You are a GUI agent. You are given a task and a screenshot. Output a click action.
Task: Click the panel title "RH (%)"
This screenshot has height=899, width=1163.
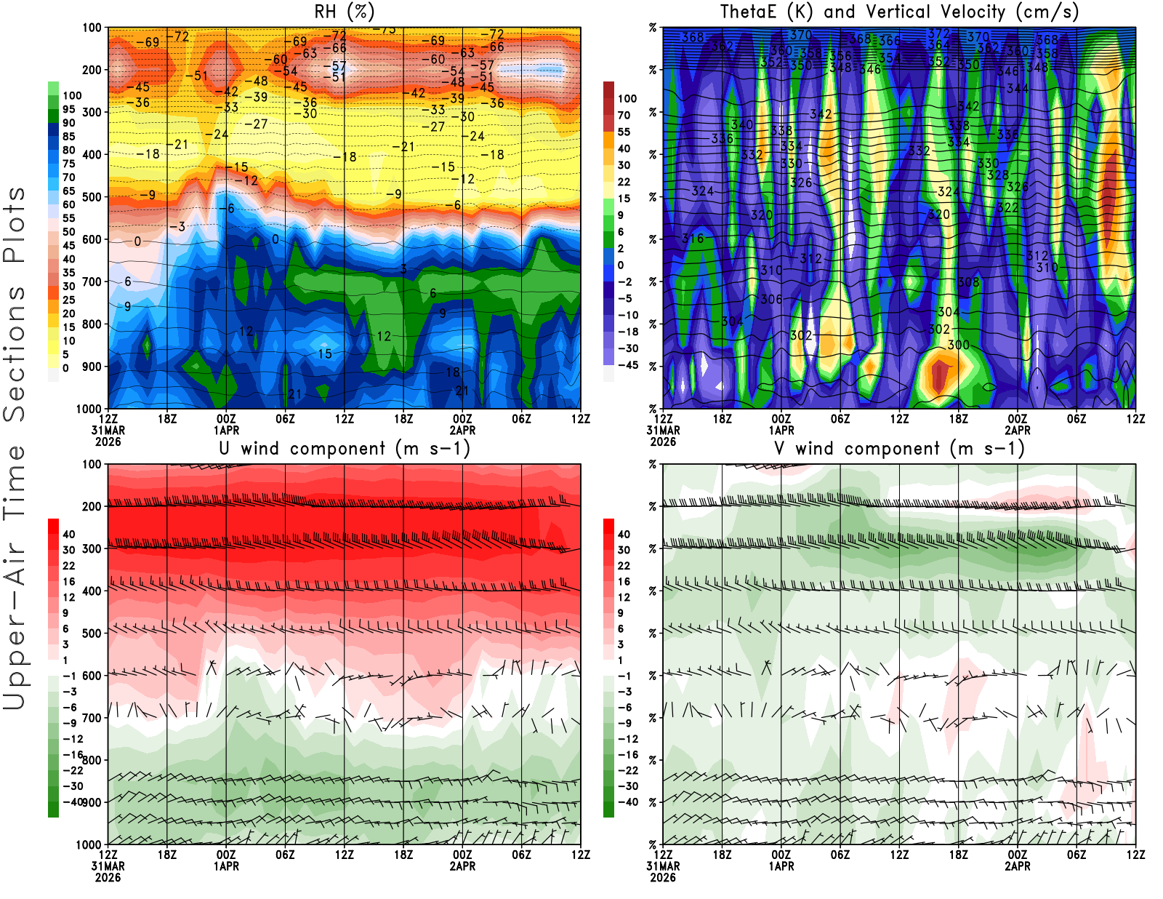tap(344, 12)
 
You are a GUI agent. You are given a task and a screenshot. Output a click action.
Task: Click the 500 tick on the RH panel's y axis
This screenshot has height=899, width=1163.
tap(92, 196)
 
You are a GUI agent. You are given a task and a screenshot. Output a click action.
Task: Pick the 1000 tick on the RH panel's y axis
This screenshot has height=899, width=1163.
tap(89, 409)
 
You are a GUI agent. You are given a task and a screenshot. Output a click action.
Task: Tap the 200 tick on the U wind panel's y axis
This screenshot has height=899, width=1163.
tap(92, 506)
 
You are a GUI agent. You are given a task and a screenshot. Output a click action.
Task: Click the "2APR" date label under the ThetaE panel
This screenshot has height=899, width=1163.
tap(1018, 430)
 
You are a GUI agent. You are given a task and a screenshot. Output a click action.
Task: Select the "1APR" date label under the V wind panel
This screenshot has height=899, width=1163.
tap(781, 866)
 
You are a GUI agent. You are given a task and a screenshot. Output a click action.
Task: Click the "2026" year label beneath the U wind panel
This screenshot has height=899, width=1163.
tap(108, 877)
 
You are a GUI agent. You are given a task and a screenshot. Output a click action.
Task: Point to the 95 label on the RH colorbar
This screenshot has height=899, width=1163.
tap(68, 109)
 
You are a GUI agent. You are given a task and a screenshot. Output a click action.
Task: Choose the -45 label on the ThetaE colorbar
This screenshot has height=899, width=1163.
tap(627, 365)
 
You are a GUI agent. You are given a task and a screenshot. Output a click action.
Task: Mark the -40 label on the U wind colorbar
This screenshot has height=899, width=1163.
tap(73, 802)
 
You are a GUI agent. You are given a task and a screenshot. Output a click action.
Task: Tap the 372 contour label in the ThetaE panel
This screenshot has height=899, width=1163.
tap(938, 33)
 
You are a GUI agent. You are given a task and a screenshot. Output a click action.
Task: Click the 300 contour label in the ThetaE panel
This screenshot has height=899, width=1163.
tap(958, 344)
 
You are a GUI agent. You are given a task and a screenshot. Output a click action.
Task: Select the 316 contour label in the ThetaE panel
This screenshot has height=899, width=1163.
tap(693, 239)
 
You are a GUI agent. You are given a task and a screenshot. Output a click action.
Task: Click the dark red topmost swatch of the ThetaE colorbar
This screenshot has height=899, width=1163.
tap(609, 90)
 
